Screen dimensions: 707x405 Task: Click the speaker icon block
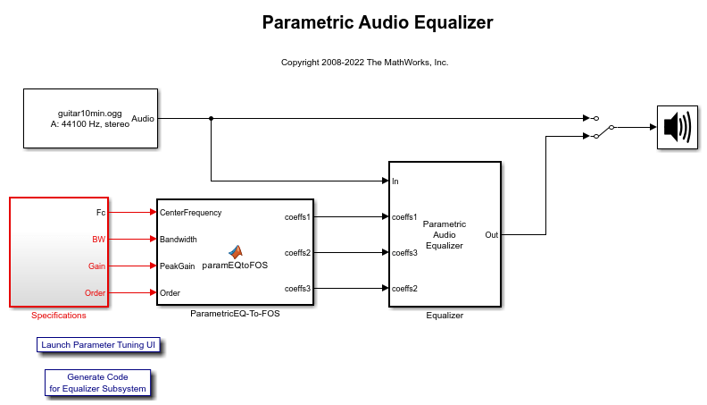coord(678,127)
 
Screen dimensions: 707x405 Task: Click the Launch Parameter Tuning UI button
coord(98,345)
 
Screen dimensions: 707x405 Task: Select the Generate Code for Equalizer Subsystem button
coord(98,383)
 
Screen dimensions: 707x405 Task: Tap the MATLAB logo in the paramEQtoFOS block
coord(236,252)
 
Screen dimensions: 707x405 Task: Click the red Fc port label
coord(101,212)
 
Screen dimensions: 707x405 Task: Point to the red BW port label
coord(99,240)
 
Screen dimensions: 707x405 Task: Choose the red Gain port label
coord(96,266)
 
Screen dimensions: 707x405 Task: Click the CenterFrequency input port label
coord(190,213)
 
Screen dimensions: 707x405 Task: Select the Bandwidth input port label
coord(179,240)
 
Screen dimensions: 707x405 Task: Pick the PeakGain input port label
coord(178,266)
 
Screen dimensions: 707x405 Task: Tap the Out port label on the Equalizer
coord(492,235)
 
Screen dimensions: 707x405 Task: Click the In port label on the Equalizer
coord(395,181)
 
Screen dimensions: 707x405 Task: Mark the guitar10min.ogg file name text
coord(90,114)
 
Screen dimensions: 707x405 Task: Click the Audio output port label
coord(143,118)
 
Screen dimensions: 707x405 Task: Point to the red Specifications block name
coord(59,316)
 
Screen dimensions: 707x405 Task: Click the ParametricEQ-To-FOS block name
coord(235,313)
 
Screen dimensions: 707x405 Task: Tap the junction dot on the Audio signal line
coord(211,118)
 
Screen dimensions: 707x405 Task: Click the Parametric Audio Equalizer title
coord(378,22)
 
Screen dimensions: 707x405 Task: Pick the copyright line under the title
coord(365,63)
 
